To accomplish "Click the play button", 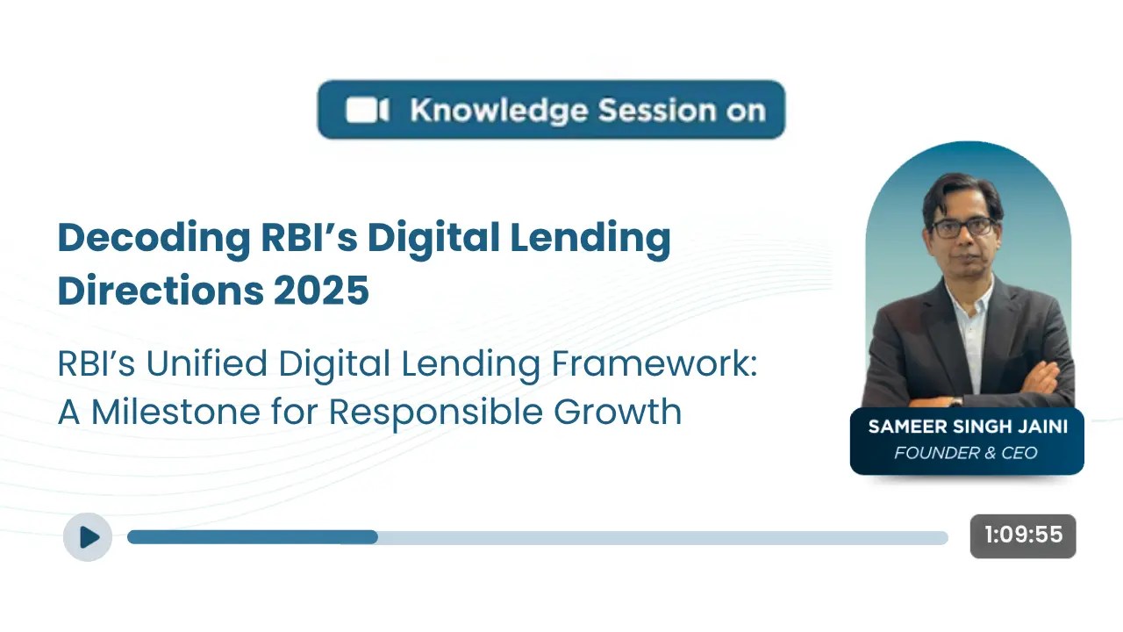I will (x=88, y=536).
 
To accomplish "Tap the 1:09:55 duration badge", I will (x=1022, y=535).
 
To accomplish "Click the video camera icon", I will (x=367, y=111).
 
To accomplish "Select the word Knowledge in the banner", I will (x=498, y=111).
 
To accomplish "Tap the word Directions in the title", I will (x=157, y=291).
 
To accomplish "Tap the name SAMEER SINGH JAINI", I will (x=966, y=427).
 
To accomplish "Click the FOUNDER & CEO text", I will (x=966, y=453).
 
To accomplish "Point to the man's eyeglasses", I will (x=962, y=226).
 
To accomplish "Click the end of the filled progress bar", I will (x=376, y=537).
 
